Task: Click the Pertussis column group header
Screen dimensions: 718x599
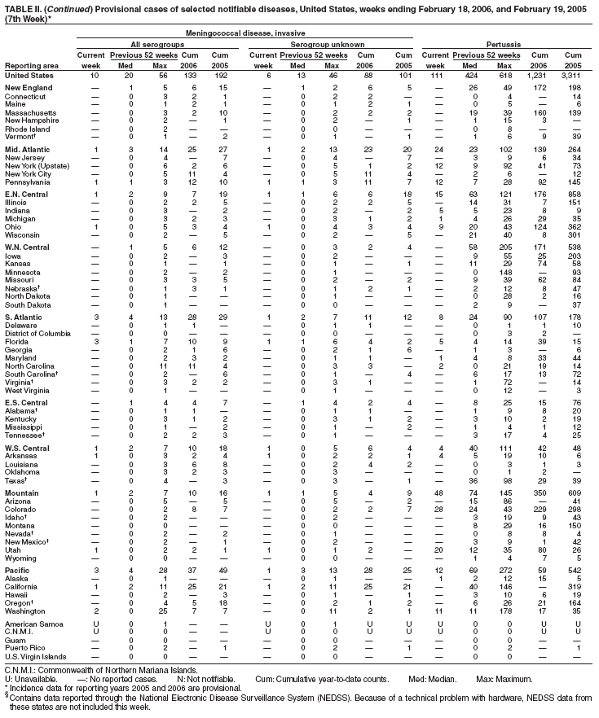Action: pyautogui.click(x=508, y=43)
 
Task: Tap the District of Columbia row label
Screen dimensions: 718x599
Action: pyautogui.click(x=38, y=333)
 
